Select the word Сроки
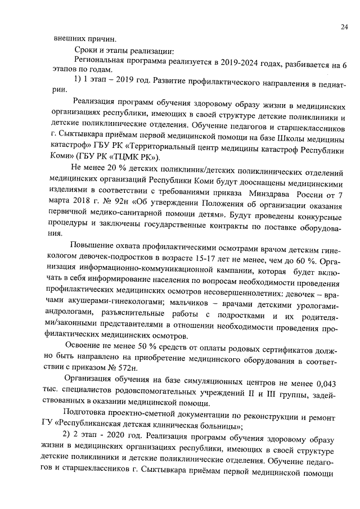86,51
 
